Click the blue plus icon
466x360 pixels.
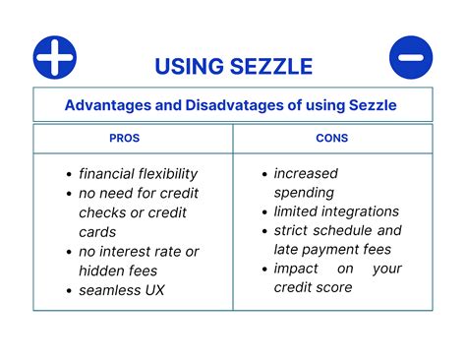pyautogui.click(x=55, y=57)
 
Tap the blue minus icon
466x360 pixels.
pyautogui.click(x=410, y=57)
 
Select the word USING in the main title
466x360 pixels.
pyautogui.click(x=185, y=67)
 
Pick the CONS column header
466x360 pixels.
pyautogui.click(x=330, y=138)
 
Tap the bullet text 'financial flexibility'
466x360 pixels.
pyautogui.click(x=139, y=173)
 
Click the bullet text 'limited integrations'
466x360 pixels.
pyautogui.click(x=336, y=211)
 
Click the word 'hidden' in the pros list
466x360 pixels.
pyautogui.click(x=106, y=270)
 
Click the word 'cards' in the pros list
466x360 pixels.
pyautogui.click(x=98, y=232)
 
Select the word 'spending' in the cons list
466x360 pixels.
pyautogui.click(x=305, y=193)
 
